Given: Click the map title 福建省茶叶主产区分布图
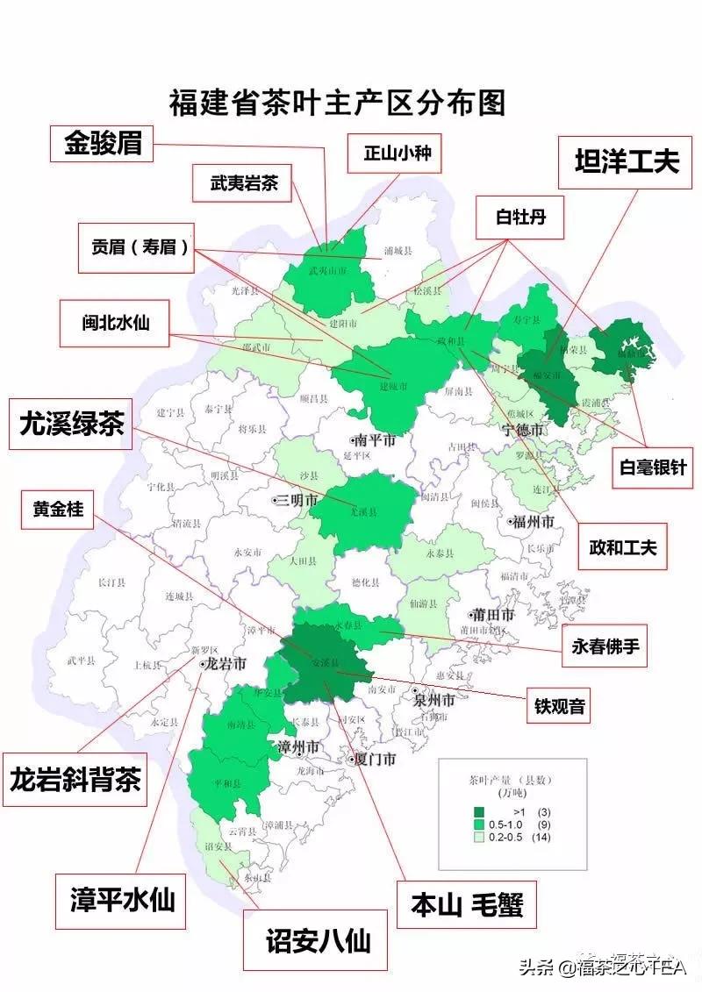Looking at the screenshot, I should pos(338,103).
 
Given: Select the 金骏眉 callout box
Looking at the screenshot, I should pos(102,143).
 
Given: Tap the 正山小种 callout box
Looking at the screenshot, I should pos(390,155).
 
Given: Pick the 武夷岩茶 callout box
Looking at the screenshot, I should pos(243,184).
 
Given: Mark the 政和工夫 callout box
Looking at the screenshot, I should pos(622,549).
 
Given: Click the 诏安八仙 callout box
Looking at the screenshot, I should pos(319,940).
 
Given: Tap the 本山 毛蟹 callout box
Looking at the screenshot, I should pos(466,904).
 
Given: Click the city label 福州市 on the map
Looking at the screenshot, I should pos(531,523).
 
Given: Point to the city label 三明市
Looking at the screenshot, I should pos(295,501).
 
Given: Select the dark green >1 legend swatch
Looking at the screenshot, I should pos(479,811).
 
